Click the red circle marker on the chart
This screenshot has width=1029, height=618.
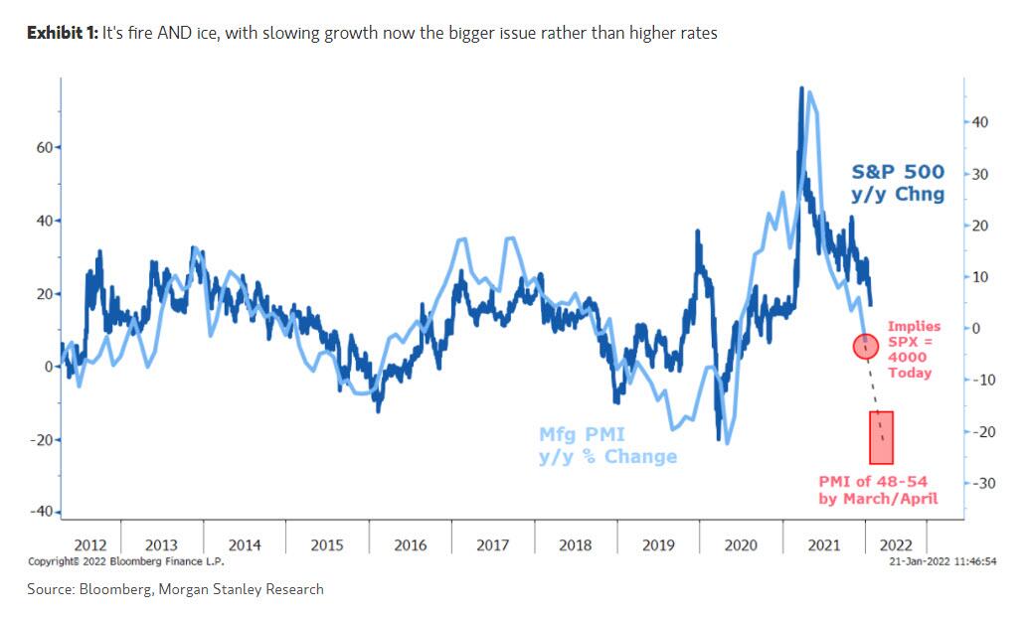865,347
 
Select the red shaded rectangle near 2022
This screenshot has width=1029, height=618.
881,437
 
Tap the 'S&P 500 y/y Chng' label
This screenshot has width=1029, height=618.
898,183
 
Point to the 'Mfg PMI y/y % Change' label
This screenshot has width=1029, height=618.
607,445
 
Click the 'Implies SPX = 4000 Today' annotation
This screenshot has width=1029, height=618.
913,349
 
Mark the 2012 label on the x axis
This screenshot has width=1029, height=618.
90,544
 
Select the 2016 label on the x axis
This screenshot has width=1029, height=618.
410,544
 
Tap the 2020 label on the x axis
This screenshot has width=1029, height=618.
741,544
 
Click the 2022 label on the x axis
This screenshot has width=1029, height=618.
896,544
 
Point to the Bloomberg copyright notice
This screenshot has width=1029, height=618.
125,561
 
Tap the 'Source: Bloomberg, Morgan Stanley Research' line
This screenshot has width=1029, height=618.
176,589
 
